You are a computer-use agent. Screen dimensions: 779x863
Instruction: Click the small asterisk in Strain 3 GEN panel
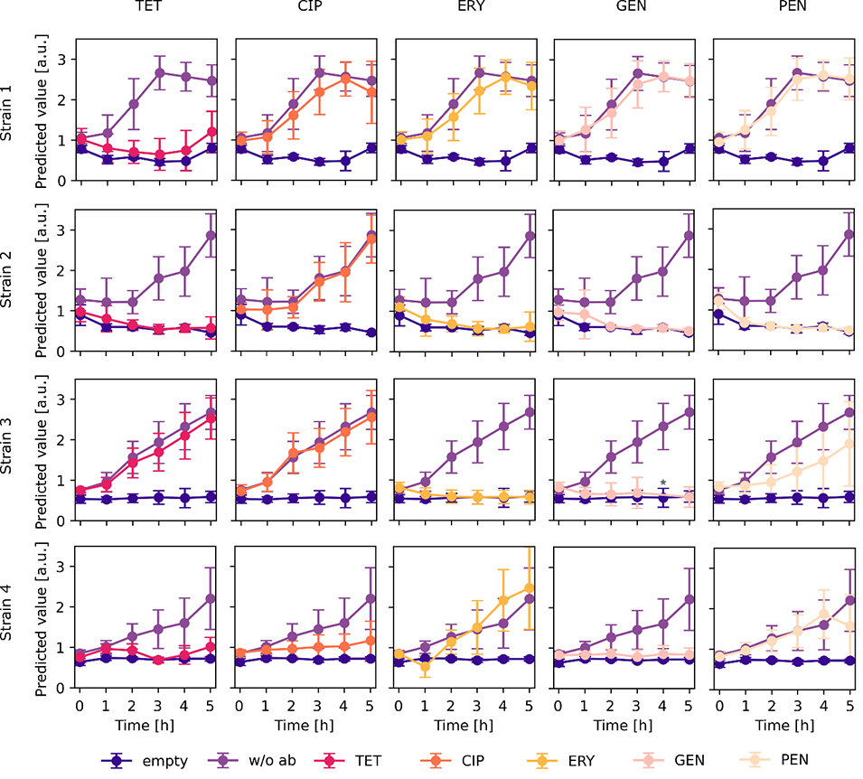(663, 483)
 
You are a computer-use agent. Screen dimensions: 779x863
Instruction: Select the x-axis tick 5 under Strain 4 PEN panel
(850, 705)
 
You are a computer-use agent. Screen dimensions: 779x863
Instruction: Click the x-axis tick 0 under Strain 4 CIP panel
(240, 705)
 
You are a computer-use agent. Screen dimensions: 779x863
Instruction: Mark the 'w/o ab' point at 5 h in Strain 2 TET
(211, 235)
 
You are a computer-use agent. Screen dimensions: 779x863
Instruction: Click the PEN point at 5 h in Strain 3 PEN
(850, 444)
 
